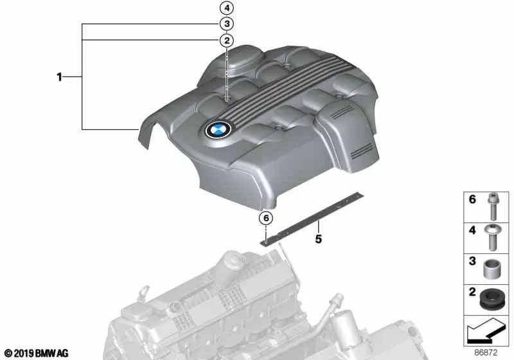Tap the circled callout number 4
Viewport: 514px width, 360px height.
pos(226,8)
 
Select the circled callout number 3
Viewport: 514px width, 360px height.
pos(226,24)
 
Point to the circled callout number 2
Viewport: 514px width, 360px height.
pos(226,41)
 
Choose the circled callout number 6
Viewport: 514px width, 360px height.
pos(265,218)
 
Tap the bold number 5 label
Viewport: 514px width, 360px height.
pos(317,241)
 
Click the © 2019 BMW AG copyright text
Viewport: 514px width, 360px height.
pos(36,353)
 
